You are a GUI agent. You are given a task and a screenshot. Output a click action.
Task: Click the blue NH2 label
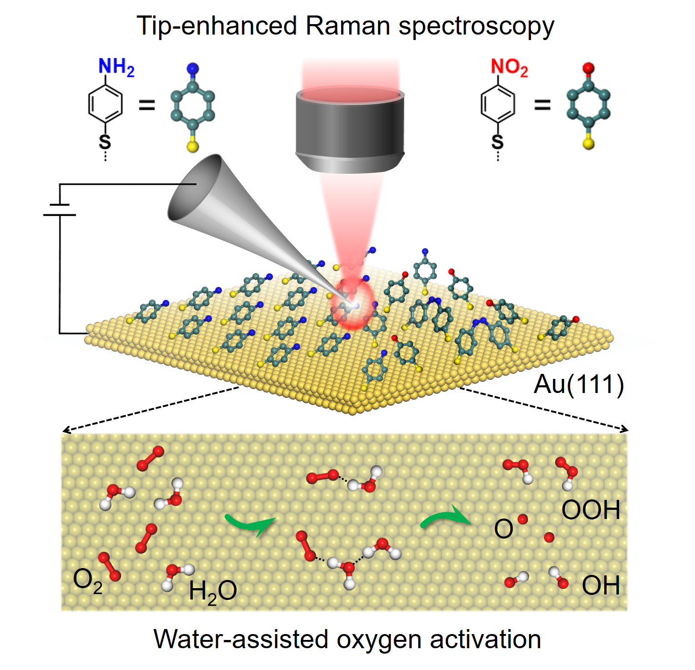[116, 67]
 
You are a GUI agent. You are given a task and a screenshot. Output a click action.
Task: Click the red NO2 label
[509, 67]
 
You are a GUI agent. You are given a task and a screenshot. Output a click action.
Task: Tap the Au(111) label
[578, 384]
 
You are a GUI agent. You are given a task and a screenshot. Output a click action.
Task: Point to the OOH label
[590, 510]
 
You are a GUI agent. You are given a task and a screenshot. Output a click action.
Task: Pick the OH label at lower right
[600, 585]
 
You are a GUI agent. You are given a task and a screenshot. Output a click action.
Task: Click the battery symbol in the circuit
[60, 210]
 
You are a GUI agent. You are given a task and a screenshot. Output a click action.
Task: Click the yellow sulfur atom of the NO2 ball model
[589, 144]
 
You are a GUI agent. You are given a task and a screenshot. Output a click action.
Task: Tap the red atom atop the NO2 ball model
[589, 68]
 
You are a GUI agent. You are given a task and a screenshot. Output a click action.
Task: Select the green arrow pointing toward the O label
[446, 518]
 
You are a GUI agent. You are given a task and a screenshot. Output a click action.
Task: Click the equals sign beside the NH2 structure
[147, 106]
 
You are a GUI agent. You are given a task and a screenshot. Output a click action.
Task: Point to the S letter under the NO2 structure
[498, 142]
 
